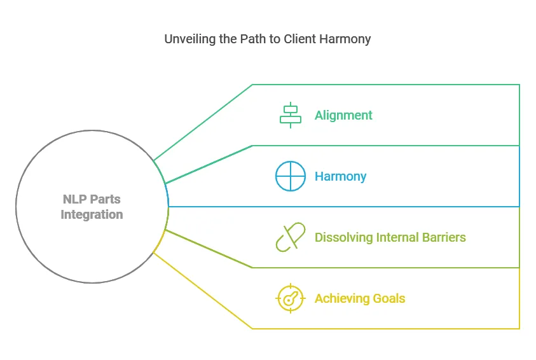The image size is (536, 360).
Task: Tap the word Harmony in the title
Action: [x=347, y=39]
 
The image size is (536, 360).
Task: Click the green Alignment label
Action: [x=343, y=115]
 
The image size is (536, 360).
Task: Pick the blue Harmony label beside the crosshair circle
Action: [x=340, y=176]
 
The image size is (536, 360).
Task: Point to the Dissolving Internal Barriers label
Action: [x=390, y=237]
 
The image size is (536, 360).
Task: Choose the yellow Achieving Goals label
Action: [x=359, y=298]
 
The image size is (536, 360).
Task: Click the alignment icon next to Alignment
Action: [x=291, y=115]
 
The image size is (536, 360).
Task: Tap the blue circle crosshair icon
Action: [x=291, y=176]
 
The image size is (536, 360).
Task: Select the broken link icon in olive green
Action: [x=291, y=237]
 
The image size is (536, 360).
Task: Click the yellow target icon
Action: [x=291, y=298]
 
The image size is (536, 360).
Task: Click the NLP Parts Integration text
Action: [x=92, y=207]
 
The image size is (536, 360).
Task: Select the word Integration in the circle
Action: [x=92, y=214]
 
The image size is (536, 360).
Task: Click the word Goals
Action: [x=388, y=298]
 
